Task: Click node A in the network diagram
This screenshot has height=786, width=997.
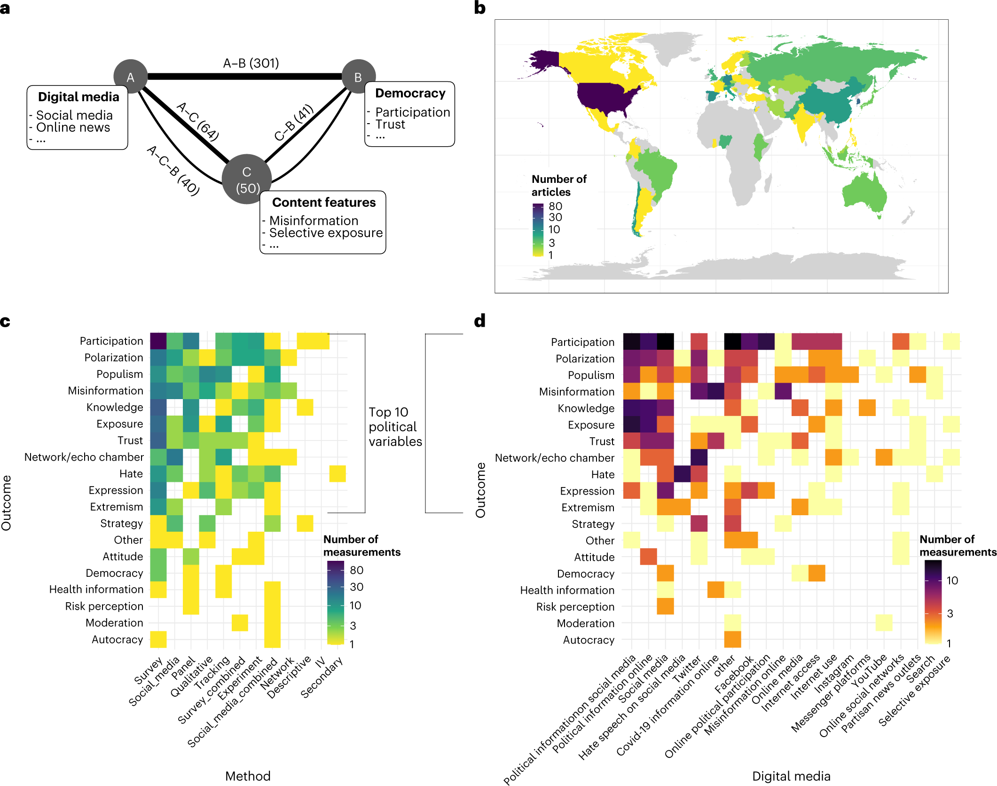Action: (x=131, y=77)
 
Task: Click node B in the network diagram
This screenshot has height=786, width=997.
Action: (x=358, y=77)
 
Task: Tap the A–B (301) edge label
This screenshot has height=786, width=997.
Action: (x=251, y=63)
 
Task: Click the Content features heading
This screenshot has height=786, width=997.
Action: (x=324, y=203)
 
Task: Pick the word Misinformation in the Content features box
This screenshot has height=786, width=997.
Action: (x=314, y=220)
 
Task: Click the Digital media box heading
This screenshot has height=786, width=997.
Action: (x=79, y=97)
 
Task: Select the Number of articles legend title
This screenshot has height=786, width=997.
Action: (x=559, y=185)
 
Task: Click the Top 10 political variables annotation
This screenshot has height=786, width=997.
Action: (x=395, y=426)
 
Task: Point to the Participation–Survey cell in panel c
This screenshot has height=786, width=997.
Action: (x=158, y=341)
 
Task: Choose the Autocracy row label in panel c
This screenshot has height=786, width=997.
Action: (x=118, y=639)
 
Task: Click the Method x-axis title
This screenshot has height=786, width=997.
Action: (x=248, y=776)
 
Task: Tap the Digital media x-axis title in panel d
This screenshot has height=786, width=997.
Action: (x=791, y=776)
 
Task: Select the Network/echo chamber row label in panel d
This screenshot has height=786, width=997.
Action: (x=555, y=458)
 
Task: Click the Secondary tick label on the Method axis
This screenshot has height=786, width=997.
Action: (x=322, y=677)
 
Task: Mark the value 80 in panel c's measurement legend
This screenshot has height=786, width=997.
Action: (x=357, y=570)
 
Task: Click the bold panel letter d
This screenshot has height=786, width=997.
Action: (x=479, y=321)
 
